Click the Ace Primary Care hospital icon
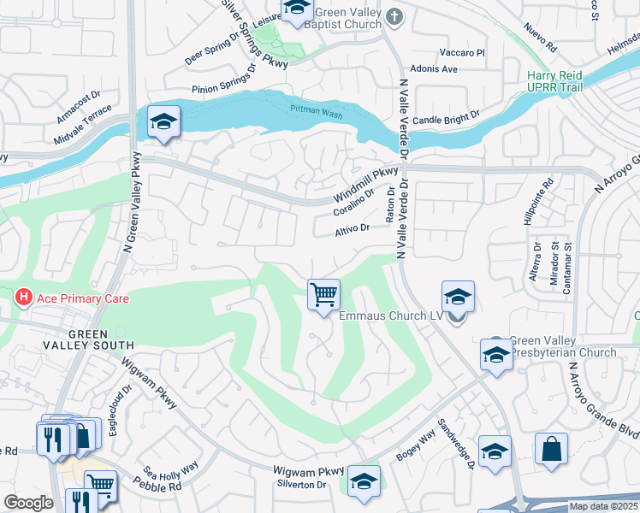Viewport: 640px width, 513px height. pyautogui.click(x=23, y=298)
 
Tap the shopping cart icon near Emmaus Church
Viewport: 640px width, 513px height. pyautogui.click(x=324, y=296)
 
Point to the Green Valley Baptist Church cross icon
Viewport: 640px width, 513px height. pyautogui.click(x=394, y=16)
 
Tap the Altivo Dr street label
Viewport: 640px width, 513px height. pyautogui.click(x=352, y=228)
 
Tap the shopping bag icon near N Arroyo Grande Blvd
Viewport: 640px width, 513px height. pyautogui.click(x=551, y=448)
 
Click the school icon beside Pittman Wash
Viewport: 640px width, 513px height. pyautogui.click(x=163, y=122)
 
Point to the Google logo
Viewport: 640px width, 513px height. pyautogui.click(x=28, y=503)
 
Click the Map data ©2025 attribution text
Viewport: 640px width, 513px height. pyautogui.click(x=603, y=506)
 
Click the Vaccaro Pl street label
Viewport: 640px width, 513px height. pyautogui.click(x=461, y=53)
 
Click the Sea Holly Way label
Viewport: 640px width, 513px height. pyautogui.click(x=170, y=471)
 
